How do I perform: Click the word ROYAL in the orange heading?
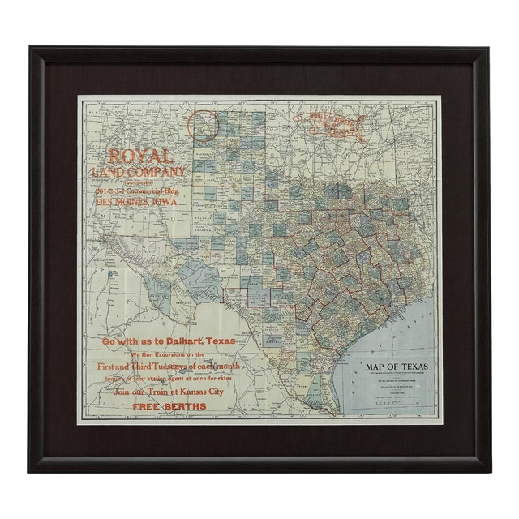140,157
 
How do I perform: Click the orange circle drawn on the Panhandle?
204,128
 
